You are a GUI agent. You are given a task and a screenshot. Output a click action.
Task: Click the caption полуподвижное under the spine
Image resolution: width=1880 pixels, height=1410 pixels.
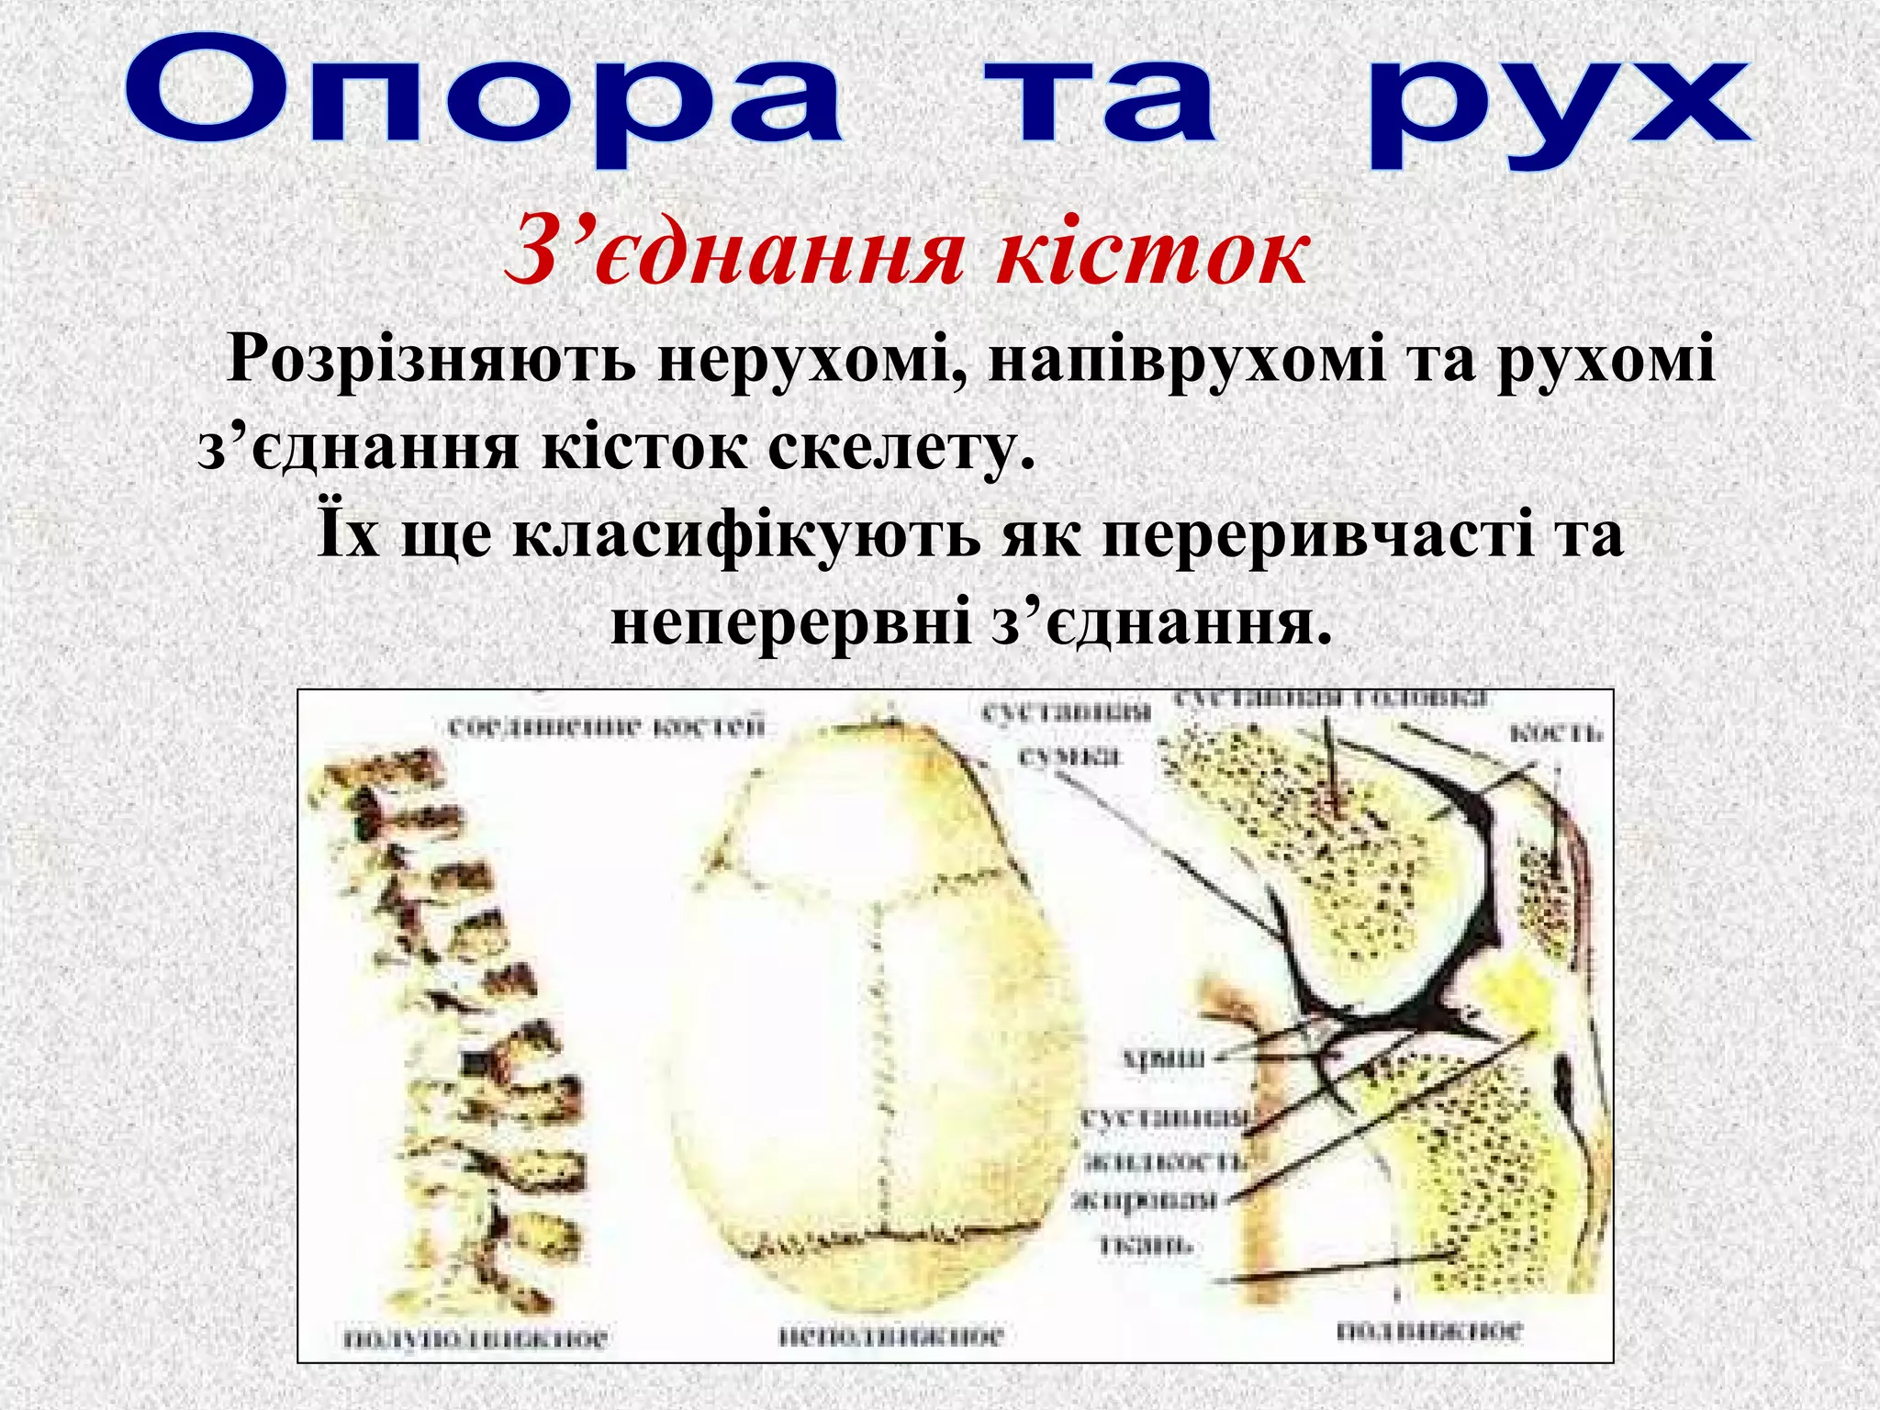click(x=475, y=1338)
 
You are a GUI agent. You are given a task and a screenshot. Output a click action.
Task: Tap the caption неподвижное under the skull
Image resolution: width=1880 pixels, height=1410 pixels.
click(x=890, y=1336)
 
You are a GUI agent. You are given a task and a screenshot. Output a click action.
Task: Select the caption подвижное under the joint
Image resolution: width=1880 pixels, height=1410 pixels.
click(x=1428, y=1330)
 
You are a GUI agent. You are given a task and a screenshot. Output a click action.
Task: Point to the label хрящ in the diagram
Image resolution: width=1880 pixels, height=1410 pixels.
click(x=1164, y=1058)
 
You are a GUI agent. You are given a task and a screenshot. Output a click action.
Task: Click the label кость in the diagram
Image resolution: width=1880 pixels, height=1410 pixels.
click(x=1555, y=733)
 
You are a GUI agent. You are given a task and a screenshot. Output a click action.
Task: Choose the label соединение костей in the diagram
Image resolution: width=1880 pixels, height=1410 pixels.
click(x=606, y=728)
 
